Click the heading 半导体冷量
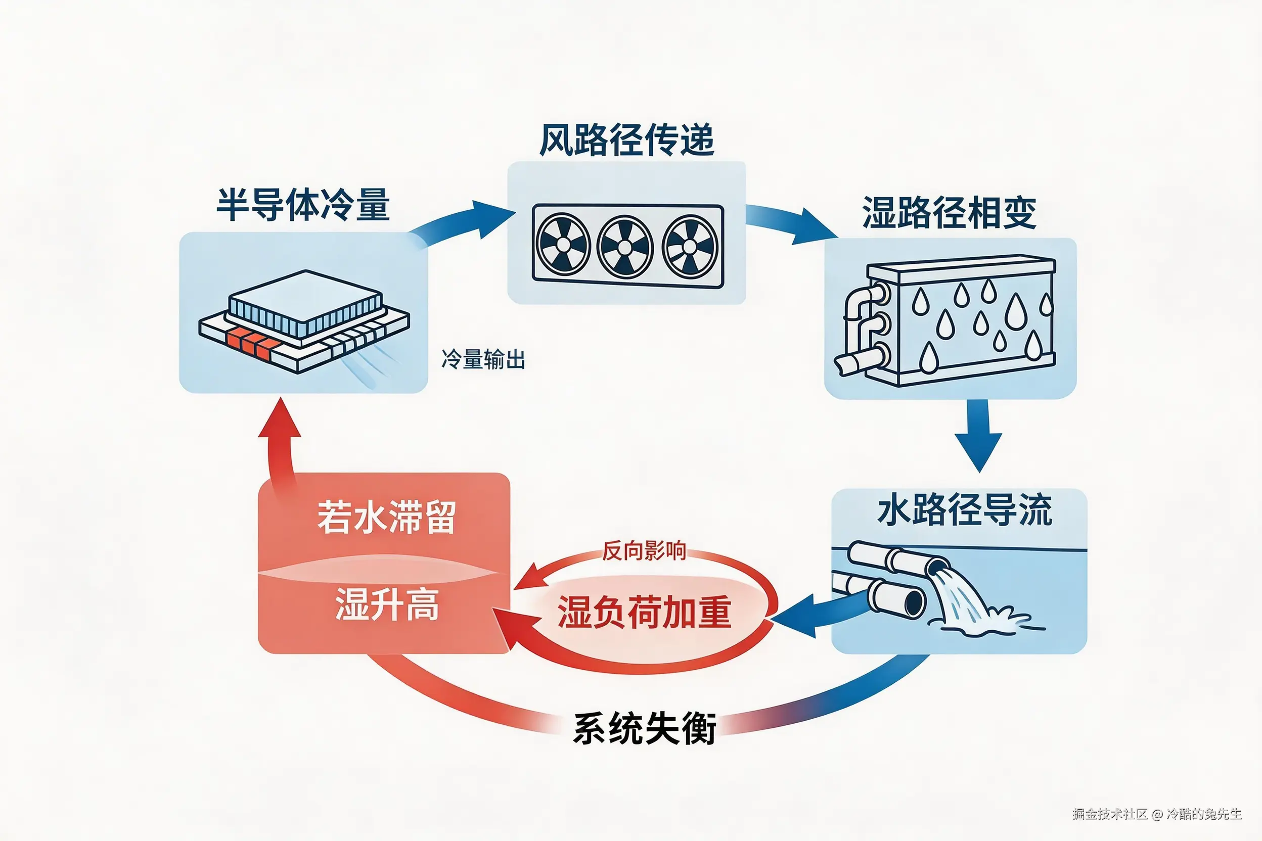[x=303, y=205]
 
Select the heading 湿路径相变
[x=949, y=213]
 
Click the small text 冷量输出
[x=483, y=359]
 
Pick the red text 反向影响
[x=643, y=551]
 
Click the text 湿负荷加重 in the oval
[x=644, y=612]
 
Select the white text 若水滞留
[x=386, y=518]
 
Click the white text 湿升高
[x=387, y=604]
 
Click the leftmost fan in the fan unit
[x=563, y=245]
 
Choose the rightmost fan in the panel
[x=690, y=247]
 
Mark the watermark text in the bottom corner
[x=1156, y=814]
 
